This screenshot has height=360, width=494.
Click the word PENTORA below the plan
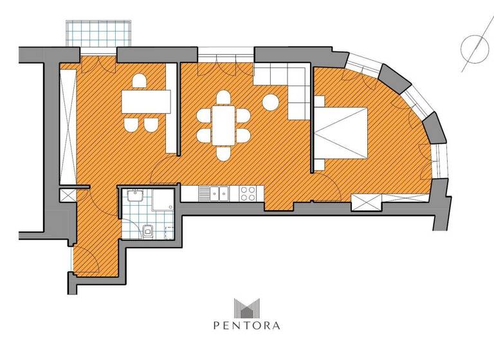(x=247, y=325)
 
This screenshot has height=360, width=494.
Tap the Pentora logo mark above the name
(x=247, y=307)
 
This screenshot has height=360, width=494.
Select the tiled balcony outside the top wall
(x=98, y=33)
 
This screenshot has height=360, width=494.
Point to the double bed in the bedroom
(x=341, y=132)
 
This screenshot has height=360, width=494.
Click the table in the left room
(x=147, y=101)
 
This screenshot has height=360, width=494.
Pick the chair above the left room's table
(x=139, y=82)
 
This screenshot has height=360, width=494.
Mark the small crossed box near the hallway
(x=68, y=195)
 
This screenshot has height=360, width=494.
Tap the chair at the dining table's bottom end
(x=223, y=154)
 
